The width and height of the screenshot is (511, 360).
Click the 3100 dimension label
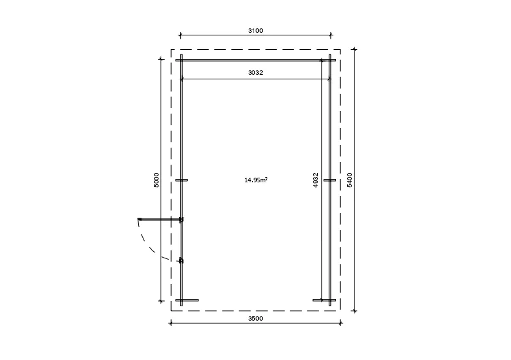point(255,31)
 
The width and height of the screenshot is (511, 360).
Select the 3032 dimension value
point(255,72)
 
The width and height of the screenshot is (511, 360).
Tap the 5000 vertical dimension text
point(157,180)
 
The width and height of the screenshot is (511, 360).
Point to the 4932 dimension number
point(316,180)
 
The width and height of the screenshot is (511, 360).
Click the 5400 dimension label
point(350,180)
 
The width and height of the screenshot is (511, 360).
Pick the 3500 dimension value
point(255,319)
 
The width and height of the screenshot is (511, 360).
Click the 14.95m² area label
point(256,180)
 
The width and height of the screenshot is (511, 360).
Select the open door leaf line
point(160,220)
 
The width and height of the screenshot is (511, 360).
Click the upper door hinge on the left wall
point(181,220)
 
